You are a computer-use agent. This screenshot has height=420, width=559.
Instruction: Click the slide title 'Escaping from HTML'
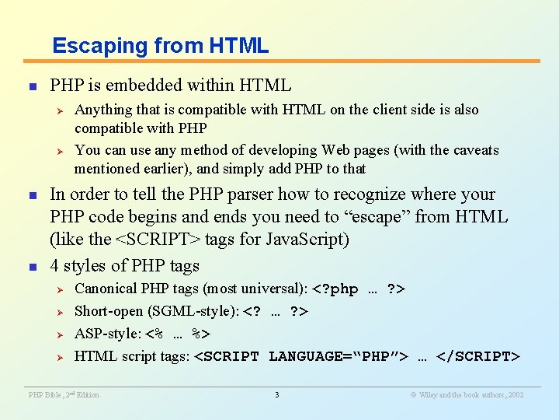point(160,46)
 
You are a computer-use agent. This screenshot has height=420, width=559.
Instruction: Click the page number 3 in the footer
point(277,395)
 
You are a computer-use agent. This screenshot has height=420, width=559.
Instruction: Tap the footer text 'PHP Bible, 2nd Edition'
point(64,395)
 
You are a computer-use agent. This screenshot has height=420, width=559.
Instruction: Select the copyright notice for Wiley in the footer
point(467,395)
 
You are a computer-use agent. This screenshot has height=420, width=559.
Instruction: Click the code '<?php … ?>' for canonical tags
point(359,289)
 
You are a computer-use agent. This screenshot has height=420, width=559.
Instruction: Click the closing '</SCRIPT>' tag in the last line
point(478,356)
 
